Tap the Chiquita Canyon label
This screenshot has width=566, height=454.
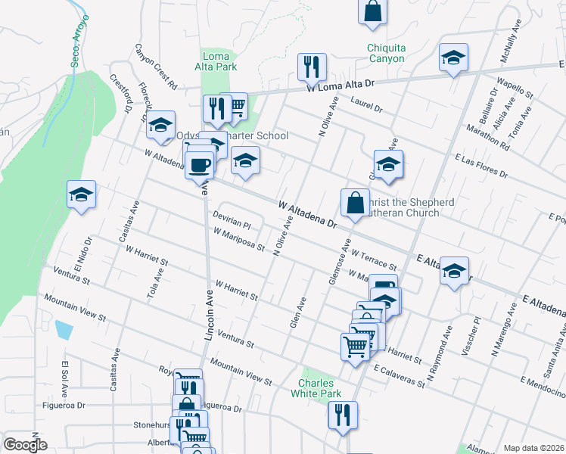[x=386, y=54]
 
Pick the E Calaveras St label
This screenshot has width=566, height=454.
[x=399, y=377]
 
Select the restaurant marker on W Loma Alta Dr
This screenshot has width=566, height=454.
[x=311, y=67]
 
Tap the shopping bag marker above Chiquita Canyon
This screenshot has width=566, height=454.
[x=372, y=11]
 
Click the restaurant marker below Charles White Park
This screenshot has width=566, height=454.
[x=343, y=415]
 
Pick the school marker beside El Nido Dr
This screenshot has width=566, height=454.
[x=81, y=194]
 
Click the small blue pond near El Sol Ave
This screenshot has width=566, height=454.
[x=64, y=330]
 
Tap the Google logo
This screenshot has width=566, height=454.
[x=25, y=445]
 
